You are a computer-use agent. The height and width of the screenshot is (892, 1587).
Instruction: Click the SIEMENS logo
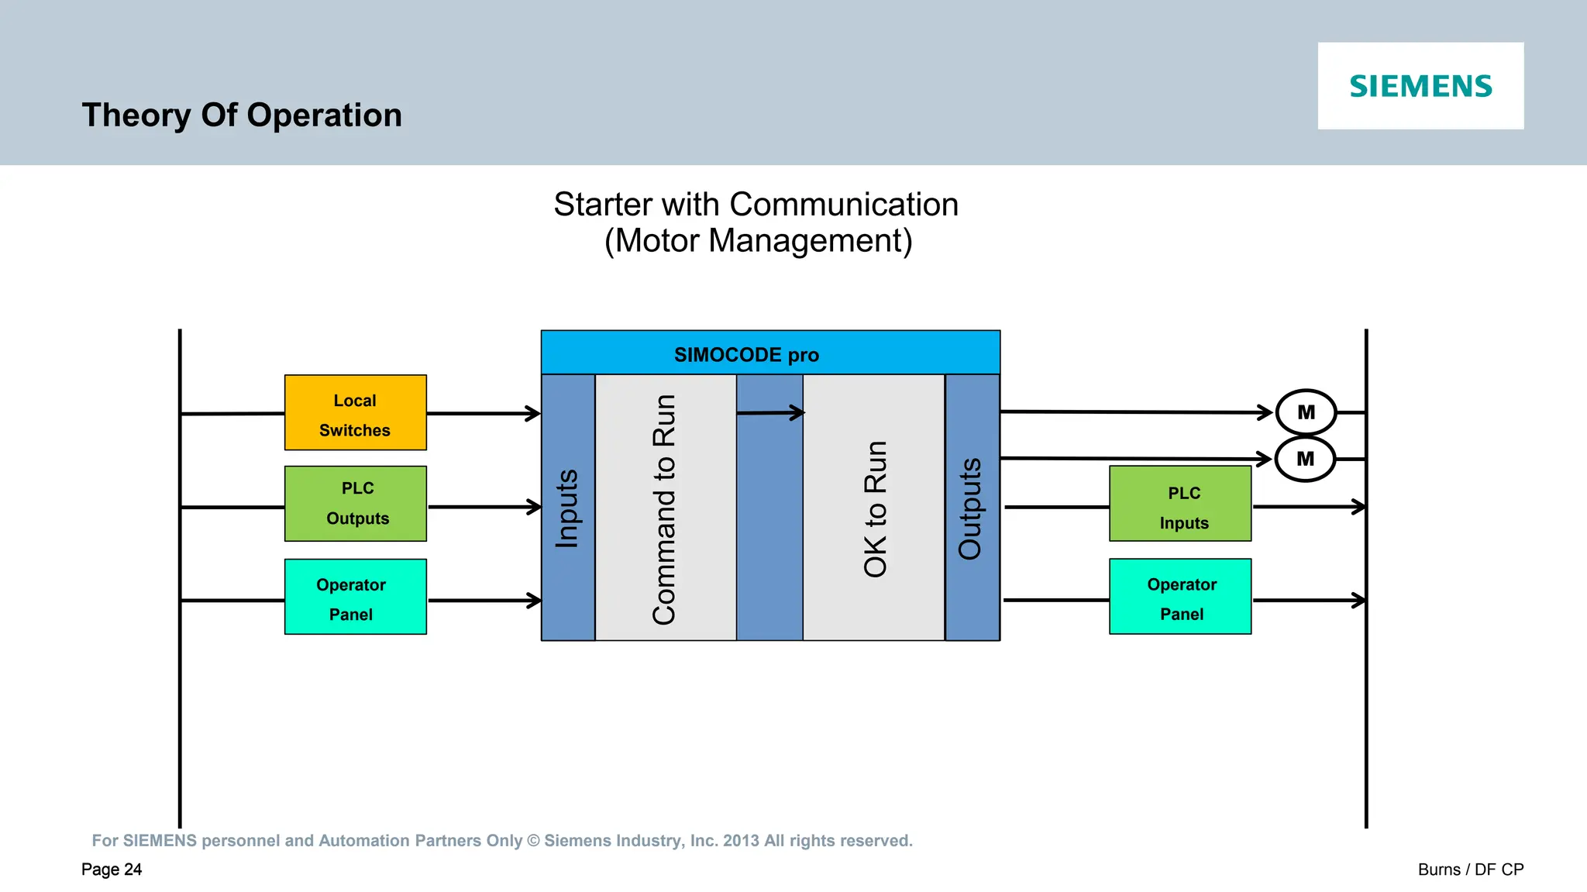(x=1420, y=86)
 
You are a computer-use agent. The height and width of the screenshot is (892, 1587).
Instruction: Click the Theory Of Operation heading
(x=242, y=115)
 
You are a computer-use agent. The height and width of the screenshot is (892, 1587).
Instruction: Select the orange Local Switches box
(x=355, y=413)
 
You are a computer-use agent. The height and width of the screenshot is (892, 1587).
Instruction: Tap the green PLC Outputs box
(x=355, y=504)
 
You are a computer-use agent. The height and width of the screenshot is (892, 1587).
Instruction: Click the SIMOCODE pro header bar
(x=769, y=353)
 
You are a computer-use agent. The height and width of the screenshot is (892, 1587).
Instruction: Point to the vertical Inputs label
(x=567, y=508)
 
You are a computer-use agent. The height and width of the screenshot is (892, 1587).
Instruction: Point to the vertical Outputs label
(x=970, y=508)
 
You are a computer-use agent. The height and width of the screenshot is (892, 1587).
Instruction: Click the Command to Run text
(x=665, y=509)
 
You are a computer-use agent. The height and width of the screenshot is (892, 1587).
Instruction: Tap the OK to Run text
(x=875, y=509)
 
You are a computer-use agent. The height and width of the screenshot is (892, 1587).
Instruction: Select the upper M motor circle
(x=1306, y=412)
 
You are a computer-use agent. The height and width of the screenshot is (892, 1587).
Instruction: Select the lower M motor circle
(x=1305, y=459)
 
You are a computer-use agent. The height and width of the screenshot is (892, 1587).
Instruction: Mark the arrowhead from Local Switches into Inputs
(x=533, y=414)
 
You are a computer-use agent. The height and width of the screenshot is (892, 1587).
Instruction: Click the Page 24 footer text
(x=112, y=870)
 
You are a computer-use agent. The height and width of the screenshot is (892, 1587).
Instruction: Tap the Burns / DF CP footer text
(x=1470, y=870)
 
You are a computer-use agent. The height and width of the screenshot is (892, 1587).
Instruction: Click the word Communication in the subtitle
(x=843, y=205)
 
